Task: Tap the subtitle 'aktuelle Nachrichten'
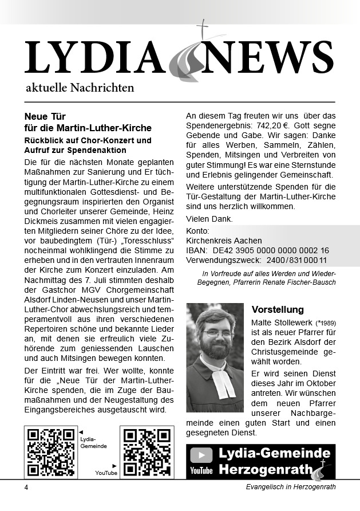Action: [80, 88]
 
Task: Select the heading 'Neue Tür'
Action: [45, 116]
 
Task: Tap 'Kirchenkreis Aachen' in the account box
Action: [224, 241]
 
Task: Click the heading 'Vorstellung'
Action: [278, 310]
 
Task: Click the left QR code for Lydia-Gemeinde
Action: [51, 453]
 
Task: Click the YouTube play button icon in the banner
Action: [201, 455]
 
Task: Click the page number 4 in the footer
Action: [26, 487]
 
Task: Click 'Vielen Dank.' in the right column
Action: [209, 219]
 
